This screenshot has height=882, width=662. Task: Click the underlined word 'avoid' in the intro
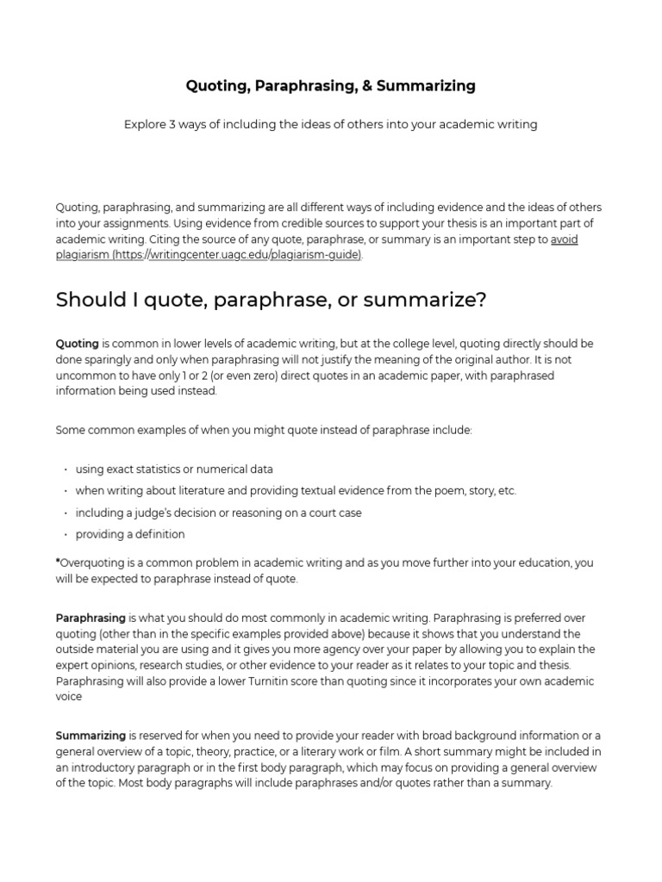(564, 239)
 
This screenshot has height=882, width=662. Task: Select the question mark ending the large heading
(482, 300)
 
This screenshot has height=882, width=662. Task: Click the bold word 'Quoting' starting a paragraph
(77, 344)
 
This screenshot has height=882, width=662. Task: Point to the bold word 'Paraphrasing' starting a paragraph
(91, 618)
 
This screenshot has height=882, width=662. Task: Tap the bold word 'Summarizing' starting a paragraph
(91, 736)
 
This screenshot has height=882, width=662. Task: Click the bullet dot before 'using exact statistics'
(66, 469)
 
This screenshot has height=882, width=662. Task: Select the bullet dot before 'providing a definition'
(66, 534)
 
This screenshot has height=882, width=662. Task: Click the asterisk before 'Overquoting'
(58, 562)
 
